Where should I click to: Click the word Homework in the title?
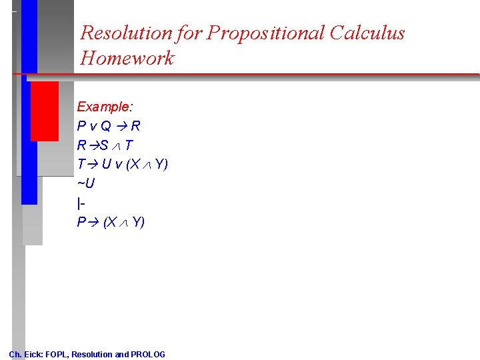[127, 58]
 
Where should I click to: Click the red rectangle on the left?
[44, 111]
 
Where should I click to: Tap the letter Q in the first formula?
[106, 126]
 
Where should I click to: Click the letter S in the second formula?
[104, 145]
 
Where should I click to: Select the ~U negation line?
[85, 183]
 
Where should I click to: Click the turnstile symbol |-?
[81, 202]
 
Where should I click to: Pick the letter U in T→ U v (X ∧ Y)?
[106, 164]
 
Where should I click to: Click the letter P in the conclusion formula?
[81, 222]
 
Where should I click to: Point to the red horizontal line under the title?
[267, 74]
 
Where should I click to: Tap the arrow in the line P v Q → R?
[123, 126]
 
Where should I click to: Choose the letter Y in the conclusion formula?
[137, 222]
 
